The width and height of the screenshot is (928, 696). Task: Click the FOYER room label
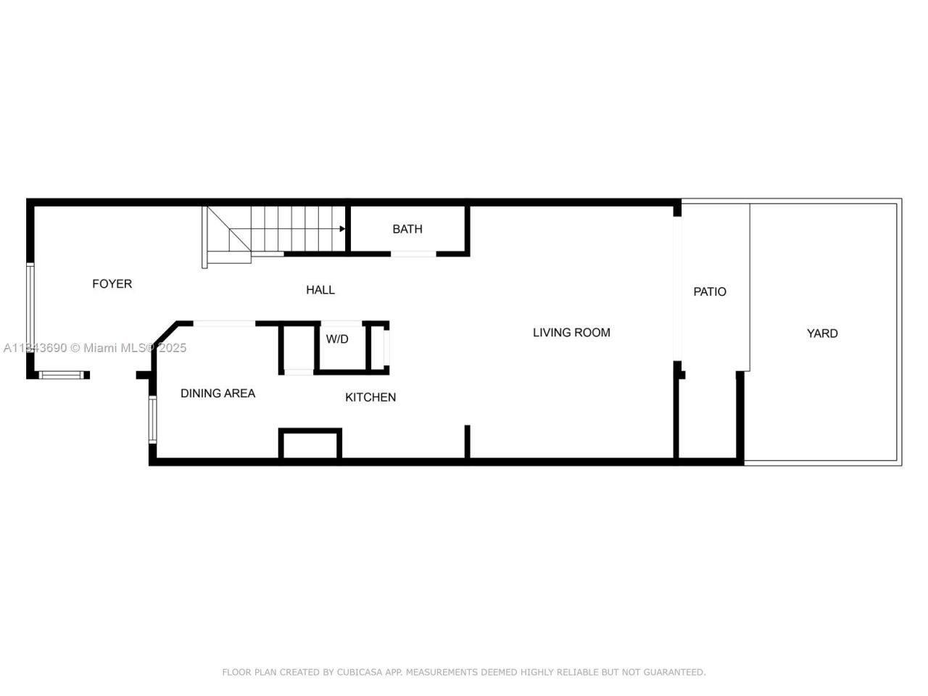coord(112,283)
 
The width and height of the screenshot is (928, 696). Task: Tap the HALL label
coord(320,290)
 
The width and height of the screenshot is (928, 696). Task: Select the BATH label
coord(407,229)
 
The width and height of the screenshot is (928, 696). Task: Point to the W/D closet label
coord(337,339)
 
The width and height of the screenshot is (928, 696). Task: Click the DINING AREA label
coord(217,394)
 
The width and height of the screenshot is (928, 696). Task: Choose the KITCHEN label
coord(370,397)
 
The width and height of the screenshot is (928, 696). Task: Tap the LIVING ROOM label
coord(571,333)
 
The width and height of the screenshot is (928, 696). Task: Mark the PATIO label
coord(710,291)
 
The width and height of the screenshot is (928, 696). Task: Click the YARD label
coord(822,333)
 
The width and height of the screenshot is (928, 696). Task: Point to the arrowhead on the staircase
coord(341,229)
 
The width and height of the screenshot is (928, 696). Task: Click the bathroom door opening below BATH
coord(413,254)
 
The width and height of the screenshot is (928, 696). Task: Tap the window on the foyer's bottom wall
coord(62,375)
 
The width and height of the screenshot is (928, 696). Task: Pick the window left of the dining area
coord(152,419)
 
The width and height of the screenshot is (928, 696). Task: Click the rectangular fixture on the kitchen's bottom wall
coord(310,444)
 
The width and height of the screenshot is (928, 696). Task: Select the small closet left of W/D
coord(298,348)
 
